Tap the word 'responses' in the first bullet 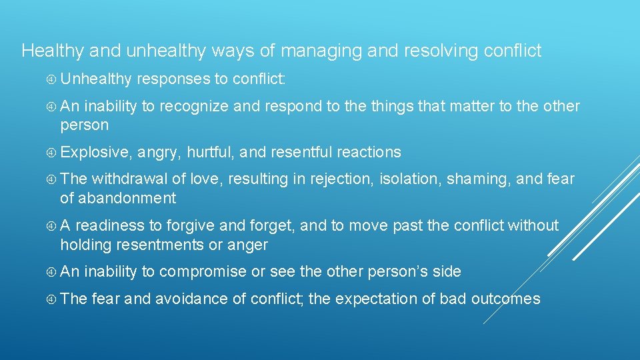[x=173, y=79]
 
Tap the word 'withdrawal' [x=130, y=179]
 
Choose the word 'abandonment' [x=127, y=198]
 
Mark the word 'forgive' [x=191, y=226]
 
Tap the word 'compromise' [x=201, y=271]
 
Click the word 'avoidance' [x=191, y=299]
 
